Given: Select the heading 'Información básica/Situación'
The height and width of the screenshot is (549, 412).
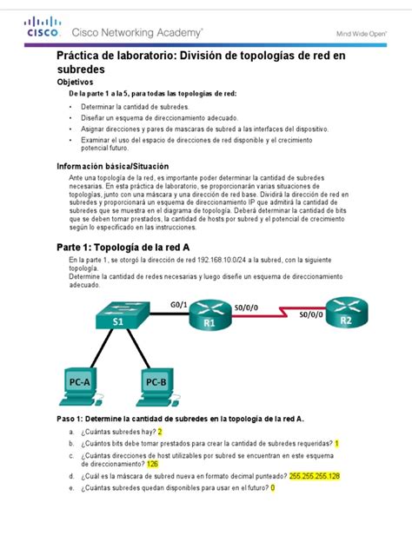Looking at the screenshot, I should tap(112, 166).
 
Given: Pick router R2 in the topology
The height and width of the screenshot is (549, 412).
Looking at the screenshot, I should tap(345, 314).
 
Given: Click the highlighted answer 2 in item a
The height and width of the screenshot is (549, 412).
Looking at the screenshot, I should tap(160, 431).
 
